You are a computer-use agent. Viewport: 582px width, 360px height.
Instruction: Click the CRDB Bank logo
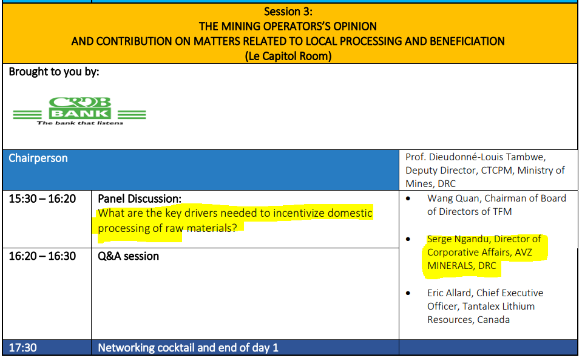click(x=80, y=111)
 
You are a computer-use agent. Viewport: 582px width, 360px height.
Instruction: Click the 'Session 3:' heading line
click(x=288, y=12)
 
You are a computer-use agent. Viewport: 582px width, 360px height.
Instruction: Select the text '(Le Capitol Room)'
click(x=288, y=56)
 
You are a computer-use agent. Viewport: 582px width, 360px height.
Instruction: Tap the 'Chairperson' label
click(x=38, y=158)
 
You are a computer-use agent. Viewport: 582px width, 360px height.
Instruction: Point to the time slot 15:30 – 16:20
click(x=42, y=199)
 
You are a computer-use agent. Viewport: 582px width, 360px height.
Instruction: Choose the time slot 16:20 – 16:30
click(x=42, y=256)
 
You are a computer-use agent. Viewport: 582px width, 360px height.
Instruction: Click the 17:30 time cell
click(x=22, y=348)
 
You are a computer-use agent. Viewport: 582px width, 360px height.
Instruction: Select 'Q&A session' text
click(x=129, y=256)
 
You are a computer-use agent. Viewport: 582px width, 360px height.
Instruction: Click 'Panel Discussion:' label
click(x=140, y=199)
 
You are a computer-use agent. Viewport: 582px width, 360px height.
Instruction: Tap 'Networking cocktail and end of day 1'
click(x=188, y=348)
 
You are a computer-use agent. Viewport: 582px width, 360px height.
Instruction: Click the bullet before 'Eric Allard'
click(x=408, y=293)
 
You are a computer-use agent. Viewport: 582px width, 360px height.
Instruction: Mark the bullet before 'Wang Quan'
click(x=408, y=199)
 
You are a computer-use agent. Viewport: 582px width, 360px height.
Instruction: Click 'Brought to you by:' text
click(x=54, y=72)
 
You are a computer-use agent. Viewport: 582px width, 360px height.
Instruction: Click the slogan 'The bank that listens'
click(x=80, y=123)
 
